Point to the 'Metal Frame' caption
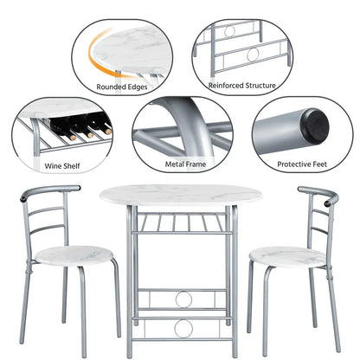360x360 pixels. click(181, 163)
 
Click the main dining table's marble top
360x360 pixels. click(179, 196)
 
